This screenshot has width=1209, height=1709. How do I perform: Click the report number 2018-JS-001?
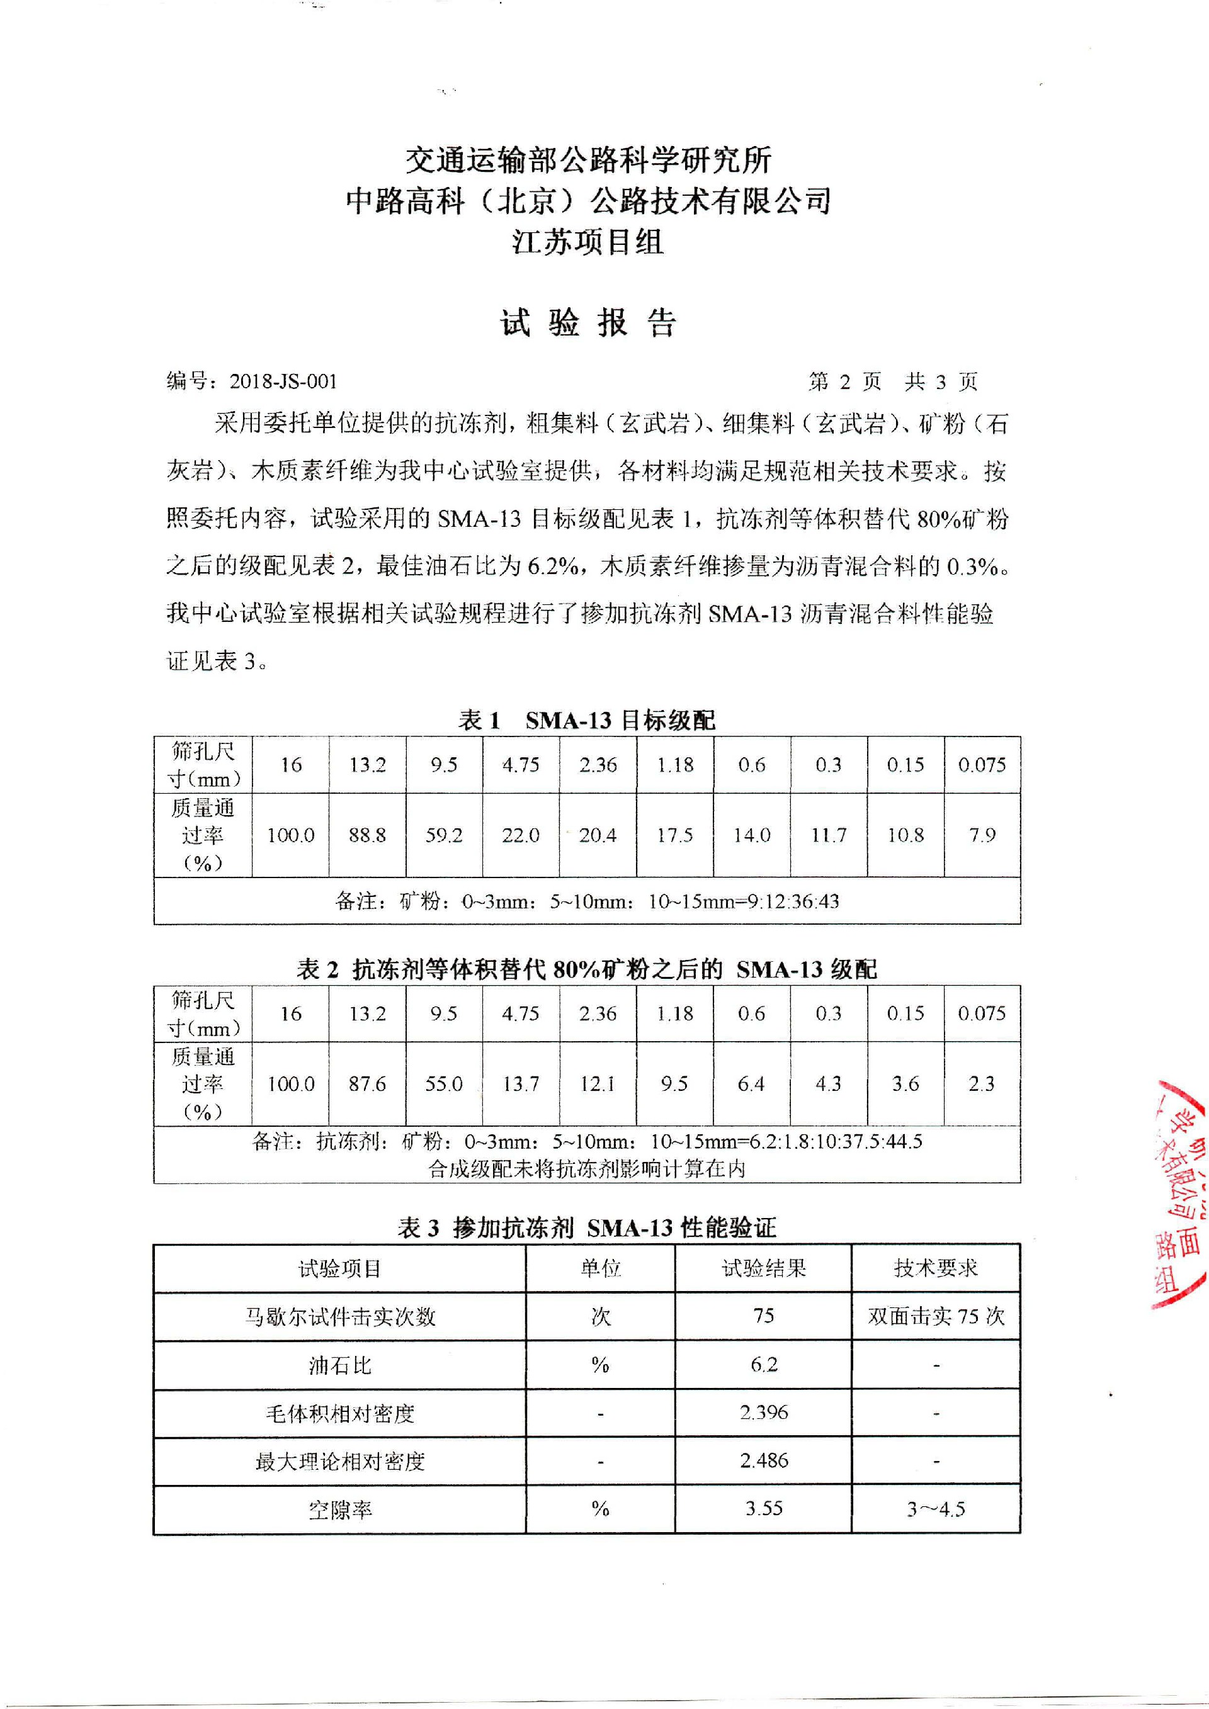tap(283, 382)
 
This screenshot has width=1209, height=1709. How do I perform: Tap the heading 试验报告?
tap(587, 324)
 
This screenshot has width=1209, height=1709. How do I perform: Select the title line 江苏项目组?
tap(587, 242)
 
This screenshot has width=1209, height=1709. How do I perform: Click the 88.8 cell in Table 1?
tap(367, 835)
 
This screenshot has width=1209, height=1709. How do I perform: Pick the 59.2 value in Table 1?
tap(444, 835)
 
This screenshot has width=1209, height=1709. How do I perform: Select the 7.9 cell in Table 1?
tap(982, 835)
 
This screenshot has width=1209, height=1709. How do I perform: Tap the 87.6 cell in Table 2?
tap(367, 1084)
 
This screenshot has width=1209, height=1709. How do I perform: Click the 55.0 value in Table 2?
tap(444, 1084)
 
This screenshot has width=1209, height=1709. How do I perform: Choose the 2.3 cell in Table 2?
tap(982, 1084)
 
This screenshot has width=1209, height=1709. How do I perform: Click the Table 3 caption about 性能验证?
tap(587, 1227)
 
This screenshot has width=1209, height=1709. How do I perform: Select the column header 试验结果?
tap(764, 1268)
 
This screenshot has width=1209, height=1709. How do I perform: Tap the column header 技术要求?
tap(936, 1268)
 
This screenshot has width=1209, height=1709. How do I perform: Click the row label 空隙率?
tap(339, 1509)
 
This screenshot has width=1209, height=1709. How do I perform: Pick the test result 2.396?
tap(764, 1413)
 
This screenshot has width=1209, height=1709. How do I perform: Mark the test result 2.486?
tap(764, 1461)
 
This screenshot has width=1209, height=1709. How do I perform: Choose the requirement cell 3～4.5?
tap(936, 1509)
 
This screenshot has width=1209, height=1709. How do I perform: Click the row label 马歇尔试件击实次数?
tap(339, 1317)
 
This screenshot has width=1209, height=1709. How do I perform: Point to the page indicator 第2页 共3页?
tap(893, 382)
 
